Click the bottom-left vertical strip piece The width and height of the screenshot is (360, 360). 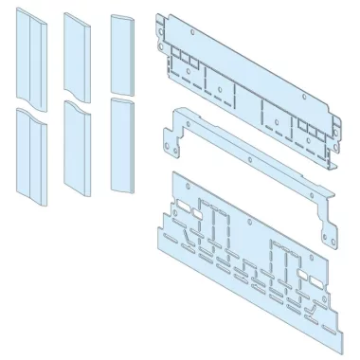30,154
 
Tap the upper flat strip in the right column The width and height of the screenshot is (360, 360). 123,52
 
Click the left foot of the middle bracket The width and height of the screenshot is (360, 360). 173,144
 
